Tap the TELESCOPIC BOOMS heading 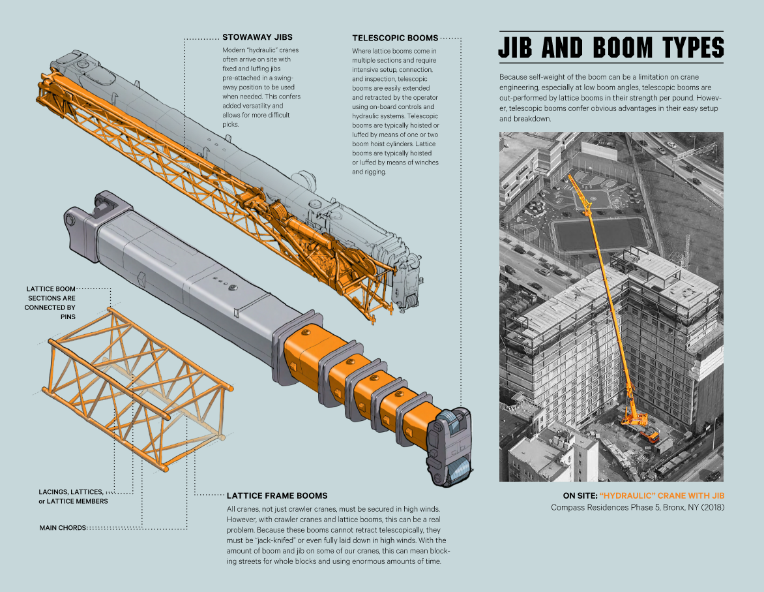(395, 38)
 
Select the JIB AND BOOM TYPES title (611, 48)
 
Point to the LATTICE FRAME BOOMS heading (276, 495)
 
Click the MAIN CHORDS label (63, 527)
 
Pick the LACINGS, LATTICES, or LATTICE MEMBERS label (72, 496)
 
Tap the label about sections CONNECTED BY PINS (50, 302)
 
